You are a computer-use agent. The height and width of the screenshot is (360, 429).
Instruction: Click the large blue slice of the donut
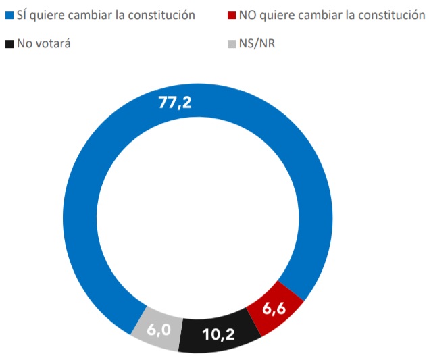coord(81,203)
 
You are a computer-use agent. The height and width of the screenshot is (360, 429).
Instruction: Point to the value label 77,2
coord(175,103)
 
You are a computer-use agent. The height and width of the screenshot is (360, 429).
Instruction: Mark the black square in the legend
coord(9,45)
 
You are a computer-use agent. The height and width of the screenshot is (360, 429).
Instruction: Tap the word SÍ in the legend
coord(22,15)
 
